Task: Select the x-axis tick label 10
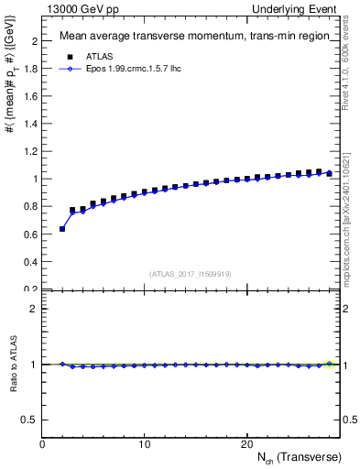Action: [x=145, y=444]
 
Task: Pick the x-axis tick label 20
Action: [x=246, y=444]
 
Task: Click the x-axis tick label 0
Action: [x=43, y=444]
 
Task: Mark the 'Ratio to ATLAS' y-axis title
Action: [x=12, y=364]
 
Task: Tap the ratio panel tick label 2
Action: [x=33, y=309]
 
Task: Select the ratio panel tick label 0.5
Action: [x=29, y=420]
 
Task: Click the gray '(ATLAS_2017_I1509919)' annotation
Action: [x=191, y=273]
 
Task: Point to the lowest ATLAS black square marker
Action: [x=62, y=228]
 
